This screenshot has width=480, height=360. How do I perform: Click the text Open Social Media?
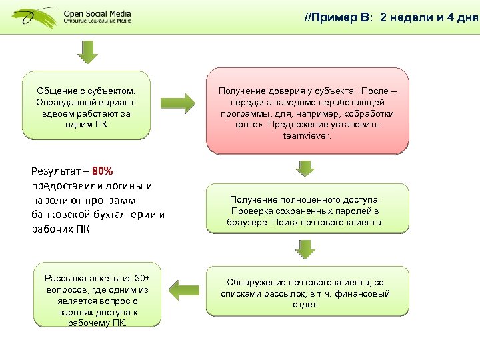point(97,13)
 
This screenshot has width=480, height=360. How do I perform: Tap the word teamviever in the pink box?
point(307,135)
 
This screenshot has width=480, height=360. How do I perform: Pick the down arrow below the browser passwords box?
point(307,249)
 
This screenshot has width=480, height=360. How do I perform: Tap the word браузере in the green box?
point(247,223)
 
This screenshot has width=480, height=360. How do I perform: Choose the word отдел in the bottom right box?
point(306,305)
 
